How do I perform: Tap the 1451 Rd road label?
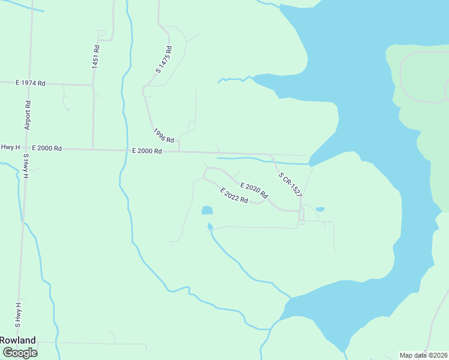coord(96,56)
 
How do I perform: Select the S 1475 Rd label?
coord(164,60)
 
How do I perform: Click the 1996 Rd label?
coord(163,136)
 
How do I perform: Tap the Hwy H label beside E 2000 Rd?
coord(11,147)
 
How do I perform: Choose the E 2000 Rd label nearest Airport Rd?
coord(47,148)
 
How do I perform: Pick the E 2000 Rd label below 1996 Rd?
coord(147,151)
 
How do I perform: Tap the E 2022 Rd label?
coord(234,196)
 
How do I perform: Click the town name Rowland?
coord(18,340)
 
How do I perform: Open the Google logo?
coord(20,353)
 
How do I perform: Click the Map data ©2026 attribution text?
coord(424,355)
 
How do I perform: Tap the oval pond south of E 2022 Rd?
coord(206,211)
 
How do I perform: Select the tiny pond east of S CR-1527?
coord(320,209)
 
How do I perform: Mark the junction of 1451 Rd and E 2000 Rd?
coord(92,149)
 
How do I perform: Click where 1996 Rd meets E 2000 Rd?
coord(179,151)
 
